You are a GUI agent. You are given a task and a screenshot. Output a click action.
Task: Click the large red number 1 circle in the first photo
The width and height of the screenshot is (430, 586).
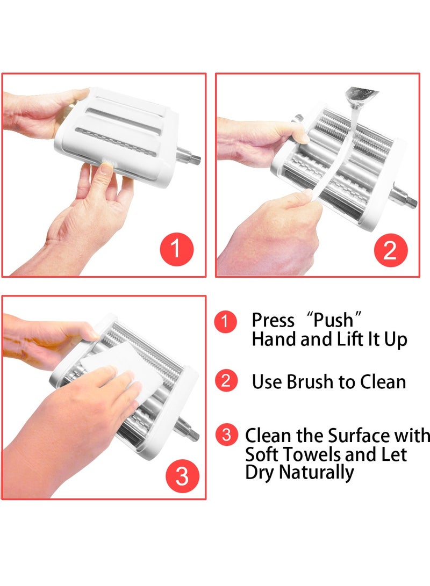tap(176, 249)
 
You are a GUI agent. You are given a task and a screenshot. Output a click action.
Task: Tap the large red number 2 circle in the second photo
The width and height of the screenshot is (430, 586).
tap(390, 250)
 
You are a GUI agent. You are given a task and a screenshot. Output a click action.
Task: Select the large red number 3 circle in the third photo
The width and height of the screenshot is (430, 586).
tap(182, 476)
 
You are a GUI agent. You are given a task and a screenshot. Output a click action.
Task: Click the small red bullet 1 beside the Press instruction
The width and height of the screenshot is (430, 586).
tap(225, 321)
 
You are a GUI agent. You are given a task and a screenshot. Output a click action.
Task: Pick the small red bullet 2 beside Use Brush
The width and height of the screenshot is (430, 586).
tap(226, 380)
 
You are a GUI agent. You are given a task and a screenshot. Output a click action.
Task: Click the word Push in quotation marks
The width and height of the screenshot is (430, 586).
tap(333, 320)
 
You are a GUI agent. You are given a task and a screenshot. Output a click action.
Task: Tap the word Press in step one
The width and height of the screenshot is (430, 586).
tap(273, 321)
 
